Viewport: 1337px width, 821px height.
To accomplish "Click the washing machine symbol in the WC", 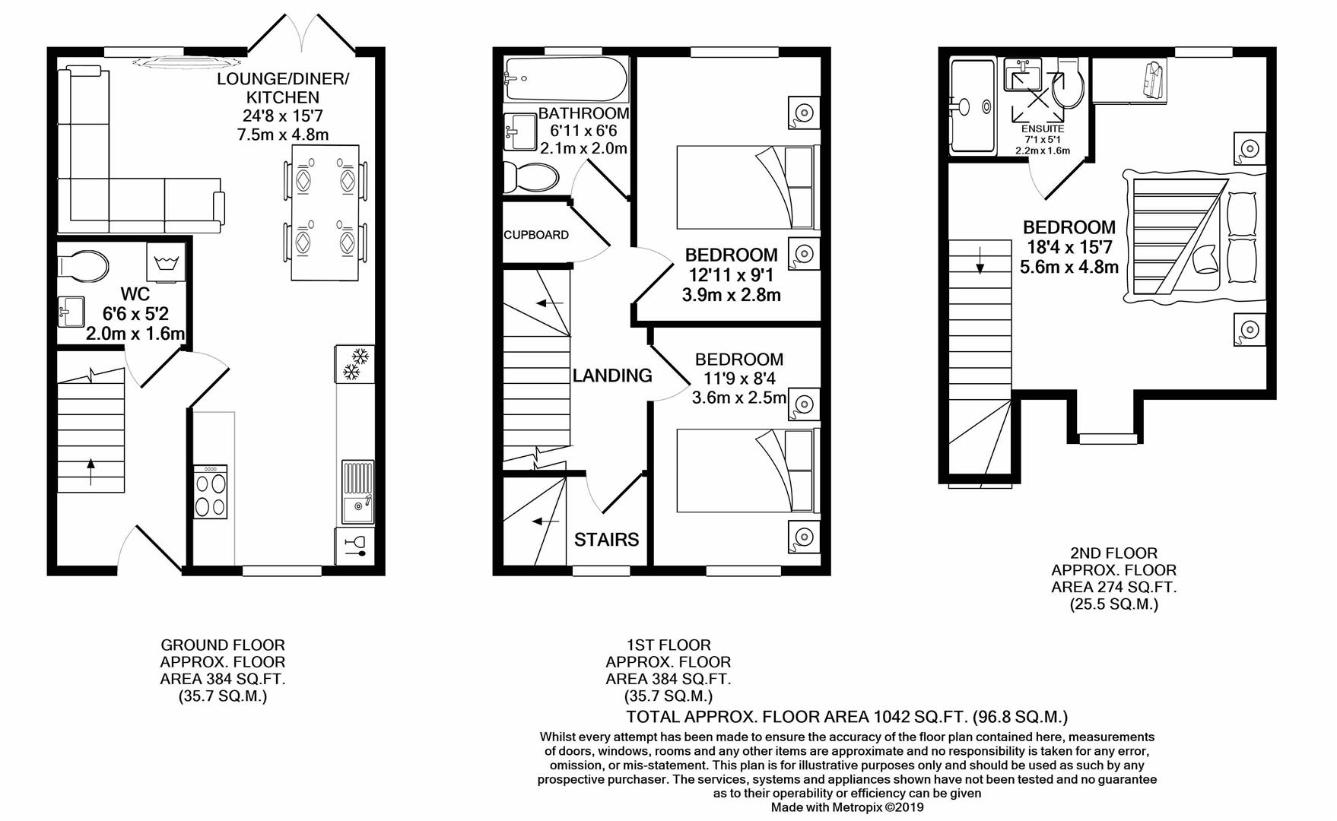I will [x=165, y=264].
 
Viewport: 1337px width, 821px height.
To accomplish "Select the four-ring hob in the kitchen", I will [x=211, y=493].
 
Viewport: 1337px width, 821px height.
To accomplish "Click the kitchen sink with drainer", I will [x=357, y=492].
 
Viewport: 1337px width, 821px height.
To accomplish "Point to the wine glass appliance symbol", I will [x=354, y=546].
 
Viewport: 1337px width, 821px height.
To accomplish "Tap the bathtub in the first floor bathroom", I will [x=566, y=79].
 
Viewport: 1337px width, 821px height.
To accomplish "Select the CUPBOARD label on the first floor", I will [x=536, y=235].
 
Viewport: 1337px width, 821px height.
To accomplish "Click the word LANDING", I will [x=612, y=376].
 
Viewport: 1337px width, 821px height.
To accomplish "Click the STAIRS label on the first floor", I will [x=606, y=540].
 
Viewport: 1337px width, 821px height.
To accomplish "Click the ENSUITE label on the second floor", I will [x=1043, y=129].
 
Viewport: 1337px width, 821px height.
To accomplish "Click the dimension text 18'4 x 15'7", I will [x=1069, y=247].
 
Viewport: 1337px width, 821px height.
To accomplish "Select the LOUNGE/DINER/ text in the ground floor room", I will [x=282, y=79].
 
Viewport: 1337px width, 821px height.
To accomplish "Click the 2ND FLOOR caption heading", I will [x=1113, y=553].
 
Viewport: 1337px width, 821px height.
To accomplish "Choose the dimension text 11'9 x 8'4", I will [x=738, y=379].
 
